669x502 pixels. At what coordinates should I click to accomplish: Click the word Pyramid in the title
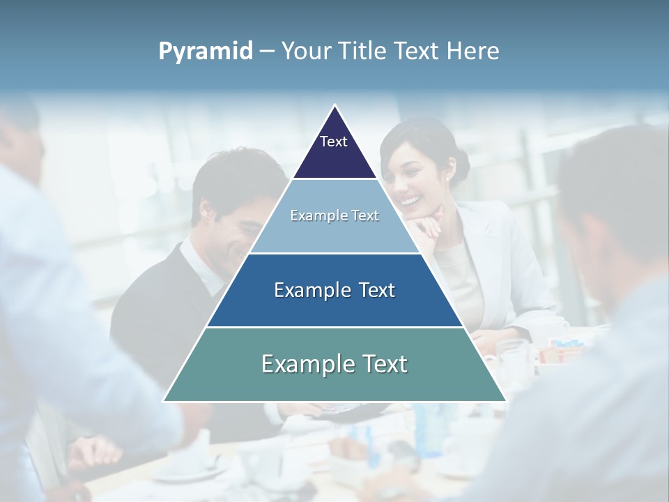click(x=206, y=52)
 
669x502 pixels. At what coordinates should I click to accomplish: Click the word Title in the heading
click(x=362, y=52)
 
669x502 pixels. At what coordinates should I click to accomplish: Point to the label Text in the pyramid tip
click(x=334, y=142)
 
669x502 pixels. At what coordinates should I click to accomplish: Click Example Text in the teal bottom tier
click(x=334, y=364)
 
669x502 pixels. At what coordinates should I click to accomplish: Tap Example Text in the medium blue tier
click(x=334, y=290)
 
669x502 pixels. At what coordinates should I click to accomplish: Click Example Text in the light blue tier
click(x=334, y=215)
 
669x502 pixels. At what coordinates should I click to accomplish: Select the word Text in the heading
click(x=417, y=52)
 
